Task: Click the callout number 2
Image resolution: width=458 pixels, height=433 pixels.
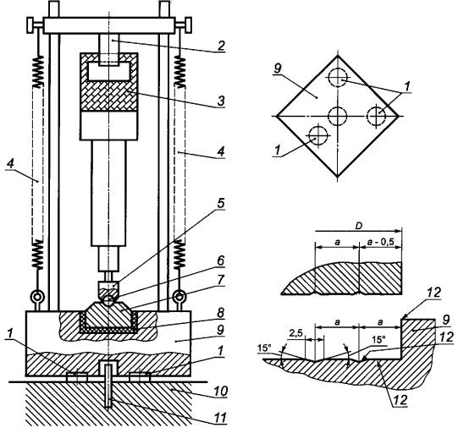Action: [222, 46]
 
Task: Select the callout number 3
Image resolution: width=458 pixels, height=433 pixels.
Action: [221, 101]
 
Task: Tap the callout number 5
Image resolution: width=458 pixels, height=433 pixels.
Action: [221, 203]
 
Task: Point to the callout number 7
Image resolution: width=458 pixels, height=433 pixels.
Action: [221, 280]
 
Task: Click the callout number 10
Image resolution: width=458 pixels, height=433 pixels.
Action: [221, 392]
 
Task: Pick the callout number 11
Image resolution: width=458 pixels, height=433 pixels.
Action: [221, 418]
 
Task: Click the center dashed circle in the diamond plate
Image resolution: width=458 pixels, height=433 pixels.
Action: [337, 116]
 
